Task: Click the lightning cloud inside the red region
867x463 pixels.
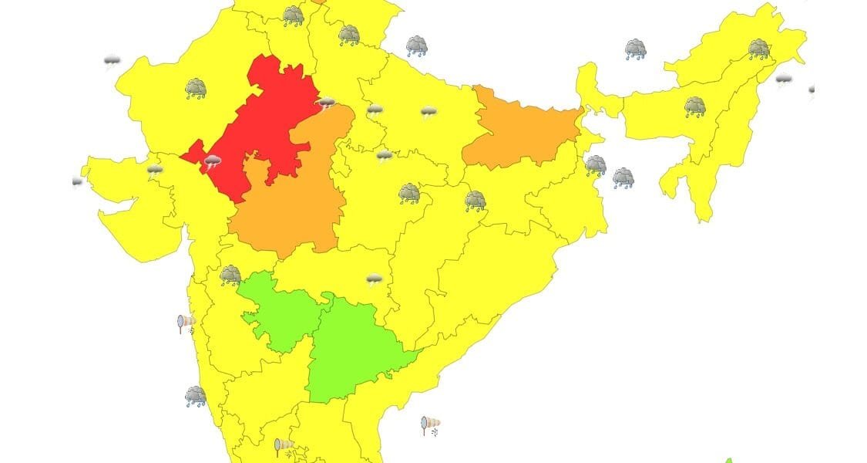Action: pyautogui.click(x=212, y=162)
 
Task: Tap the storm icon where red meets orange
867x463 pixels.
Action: pyautogui.click(x=327, y=103)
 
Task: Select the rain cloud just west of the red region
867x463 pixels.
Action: pyautogui.click(x=196, y=89)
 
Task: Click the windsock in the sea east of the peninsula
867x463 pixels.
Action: pyautogui.click(x=430, y=425)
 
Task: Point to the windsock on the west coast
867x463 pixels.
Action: pyautogui.click(x=187, y=322)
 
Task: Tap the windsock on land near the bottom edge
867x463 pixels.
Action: pyautogui.click(x=284, y=446)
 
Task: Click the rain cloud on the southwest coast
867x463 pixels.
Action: pyautogui.click(x=196, y=397)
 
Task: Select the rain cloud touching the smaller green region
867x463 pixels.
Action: pyautogui.click(x=230, y=275)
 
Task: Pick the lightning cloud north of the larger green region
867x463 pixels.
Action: pyautogui.click(x=375, y=279)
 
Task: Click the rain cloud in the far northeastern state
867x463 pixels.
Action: pyautogui.click(x=759, y=49)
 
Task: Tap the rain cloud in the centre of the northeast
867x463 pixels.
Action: pyautogui.click(x=695, y=107)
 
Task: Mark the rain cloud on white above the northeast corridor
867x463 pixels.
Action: pyautogui.click(x=635, y=50)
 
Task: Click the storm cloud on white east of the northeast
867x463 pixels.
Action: pyautogui.click(x=784, y=79)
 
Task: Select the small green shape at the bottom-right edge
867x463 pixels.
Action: pyautogui.click(x=728, y=460)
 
